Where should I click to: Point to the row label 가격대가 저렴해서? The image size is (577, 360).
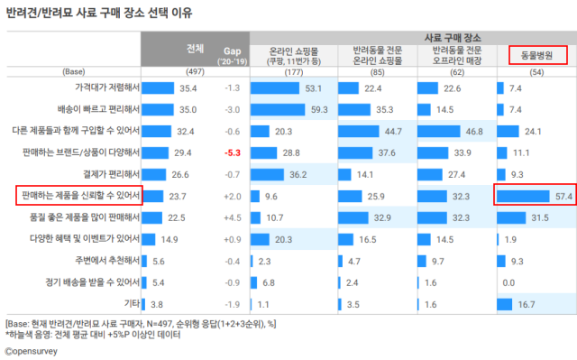[105, 88]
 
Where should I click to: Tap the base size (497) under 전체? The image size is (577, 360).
[194, 70]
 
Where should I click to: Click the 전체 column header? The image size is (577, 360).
[194, 47]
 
